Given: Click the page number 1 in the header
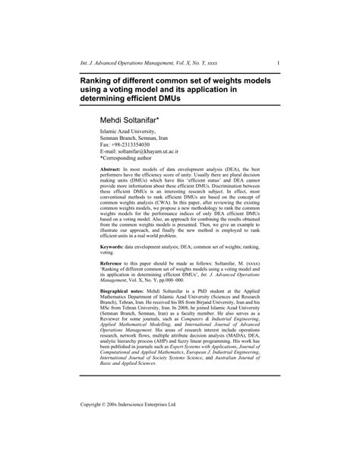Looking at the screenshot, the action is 279,62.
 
